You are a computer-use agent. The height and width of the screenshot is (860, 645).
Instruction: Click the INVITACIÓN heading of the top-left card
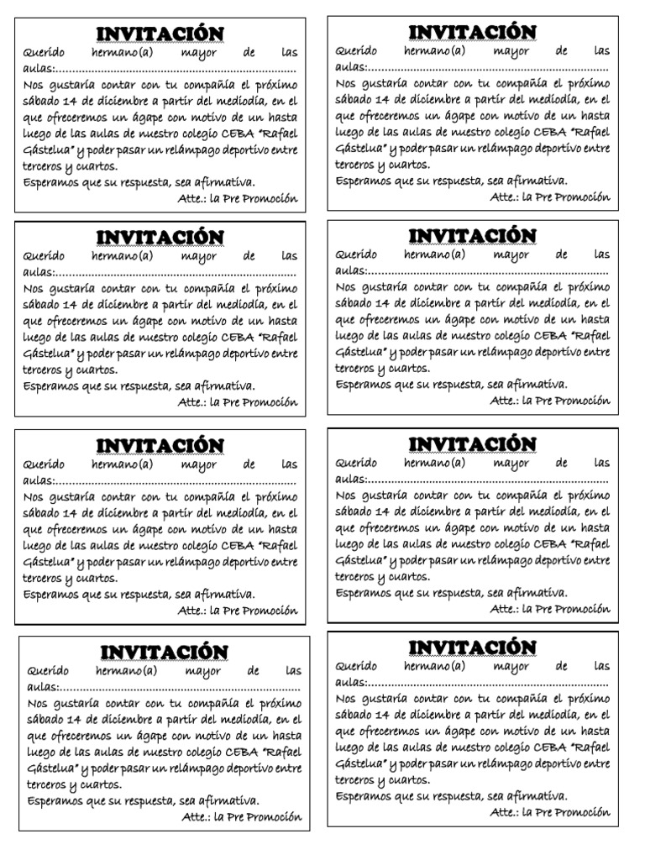click(x=160, y=34)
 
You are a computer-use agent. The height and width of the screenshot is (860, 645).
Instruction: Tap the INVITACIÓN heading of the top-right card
click(x=472, y=32)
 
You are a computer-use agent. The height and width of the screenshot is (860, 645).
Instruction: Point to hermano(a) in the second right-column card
click(x=433, y=254)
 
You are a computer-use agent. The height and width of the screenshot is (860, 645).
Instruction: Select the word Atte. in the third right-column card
click(x=504, y=609)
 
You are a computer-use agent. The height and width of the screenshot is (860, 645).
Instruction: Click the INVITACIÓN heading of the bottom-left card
click(x=165, y=652)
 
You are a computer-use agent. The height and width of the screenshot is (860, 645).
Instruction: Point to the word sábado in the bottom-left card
click(x=50, y=719)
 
